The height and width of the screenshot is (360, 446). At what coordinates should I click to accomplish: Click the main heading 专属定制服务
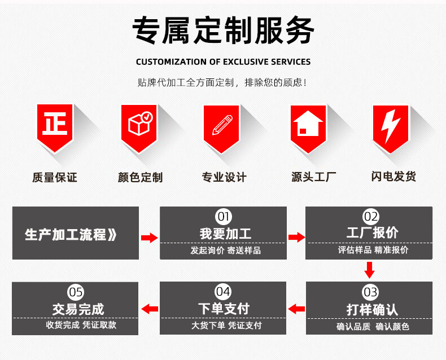coord(223,31)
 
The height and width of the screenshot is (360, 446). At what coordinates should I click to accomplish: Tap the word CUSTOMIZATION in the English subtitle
coord(170,62)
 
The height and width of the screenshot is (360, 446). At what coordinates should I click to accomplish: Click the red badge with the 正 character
coord(55,126)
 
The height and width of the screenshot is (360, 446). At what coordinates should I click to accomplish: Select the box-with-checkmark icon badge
coord(139,125)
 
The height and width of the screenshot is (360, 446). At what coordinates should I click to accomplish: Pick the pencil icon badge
coord(222,125)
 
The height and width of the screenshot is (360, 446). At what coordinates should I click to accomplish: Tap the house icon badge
coord(308,125)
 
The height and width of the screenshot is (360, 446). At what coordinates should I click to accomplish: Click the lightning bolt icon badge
coord(390,125)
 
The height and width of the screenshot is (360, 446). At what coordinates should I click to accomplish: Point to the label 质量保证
coord(54,177)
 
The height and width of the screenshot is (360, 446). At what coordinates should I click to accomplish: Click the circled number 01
coord(224,216)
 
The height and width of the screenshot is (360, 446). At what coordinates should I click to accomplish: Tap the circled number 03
coord(370,292)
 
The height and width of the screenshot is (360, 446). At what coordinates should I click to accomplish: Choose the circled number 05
coord(76,292)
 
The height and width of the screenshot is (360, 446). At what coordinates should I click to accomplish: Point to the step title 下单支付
coord(224,309)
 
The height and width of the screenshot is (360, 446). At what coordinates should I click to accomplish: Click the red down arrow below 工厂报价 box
coord(369,270)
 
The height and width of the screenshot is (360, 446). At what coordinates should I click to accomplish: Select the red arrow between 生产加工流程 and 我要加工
coord(149,238)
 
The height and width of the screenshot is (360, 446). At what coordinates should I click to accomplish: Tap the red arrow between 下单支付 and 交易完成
coord(149,309)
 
